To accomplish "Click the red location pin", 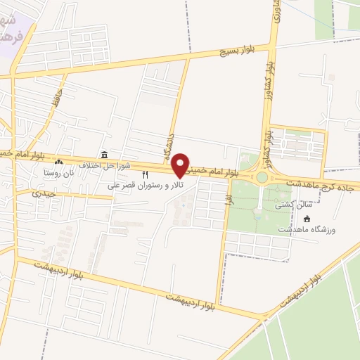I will pos(181,165).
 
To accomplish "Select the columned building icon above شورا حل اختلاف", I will pos(104,155).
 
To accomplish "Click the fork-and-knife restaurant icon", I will pos(146,174).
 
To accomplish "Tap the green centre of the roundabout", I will pos(262,178).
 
